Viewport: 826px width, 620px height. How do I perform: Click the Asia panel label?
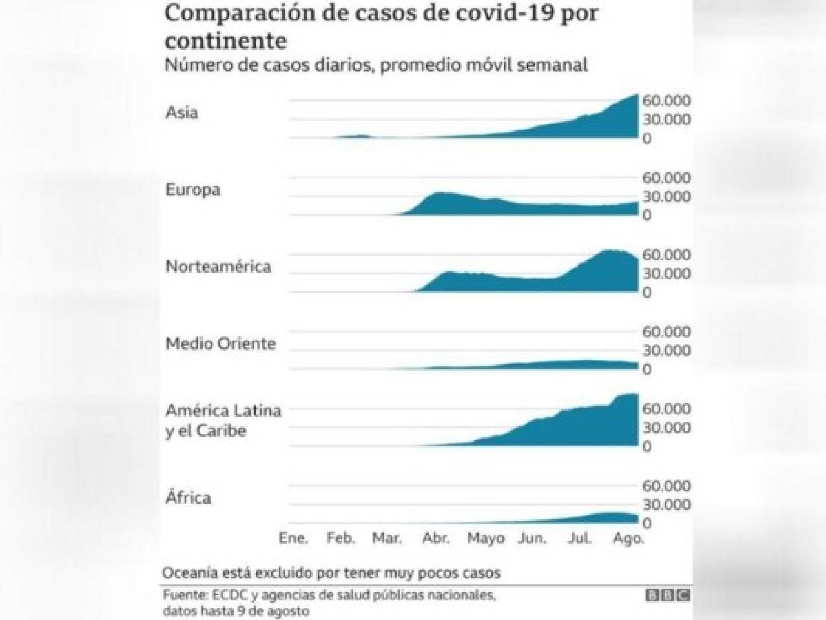(182, 112)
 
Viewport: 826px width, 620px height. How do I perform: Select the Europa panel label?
(193, 190)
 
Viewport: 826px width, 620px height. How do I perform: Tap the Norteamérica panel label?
(218, 267)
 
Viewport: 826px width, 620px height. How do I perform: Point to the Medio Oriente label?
(220, 343)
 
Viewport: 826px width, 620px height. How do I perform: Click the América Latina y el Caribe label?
(223, 421)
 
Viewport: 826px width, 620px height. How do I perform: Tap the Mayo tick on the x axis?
(486, 538)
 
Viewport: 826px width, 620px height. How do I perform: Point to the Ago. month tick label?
(628, 538)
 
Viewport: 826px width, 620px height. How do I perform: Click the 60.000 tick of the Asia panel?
(666, 101)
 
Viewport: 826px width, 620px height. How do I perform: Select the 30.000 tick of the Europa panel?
(666, 196)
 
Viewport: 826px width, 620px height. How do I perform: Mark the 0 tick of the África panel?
(648, 524)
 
